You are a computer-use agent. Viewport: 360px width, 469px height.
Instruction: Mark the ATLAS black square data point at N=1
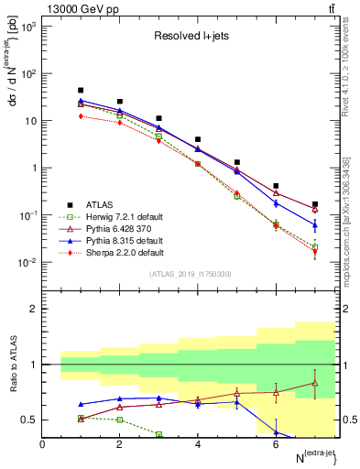82,91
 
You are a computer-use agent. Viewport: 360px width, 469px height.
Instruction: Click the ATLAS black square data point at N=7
315,204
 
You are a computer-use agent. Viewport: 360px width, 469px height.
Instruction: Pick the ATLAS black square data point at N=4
198,139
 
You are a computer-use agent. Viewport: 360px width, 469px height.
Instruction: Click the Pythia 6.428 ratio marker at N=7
315,383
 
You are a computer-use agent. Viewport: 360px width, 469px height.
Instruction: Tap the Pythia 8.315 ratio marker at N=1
82,404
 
